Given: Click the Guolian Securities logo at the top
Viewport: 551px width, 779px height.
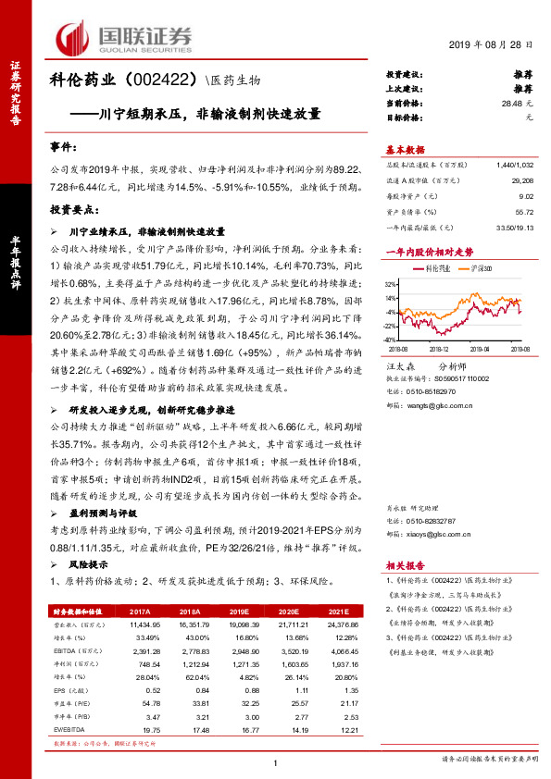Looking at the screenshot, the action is click(x=126, y=36).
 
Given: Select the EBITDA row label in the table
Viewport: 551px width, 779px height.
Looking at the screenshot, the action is click(x=68, y=651).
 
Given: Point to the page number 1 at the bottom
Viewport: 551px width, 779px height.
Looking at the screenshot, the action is click(x=276, y=762).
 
